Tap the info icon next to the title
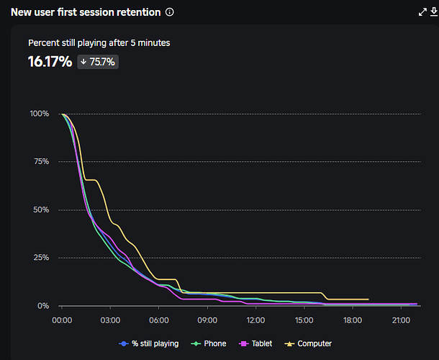coord(170,12)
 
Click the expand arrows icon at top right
coord(422,12)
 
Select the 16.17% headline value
coord(50,62)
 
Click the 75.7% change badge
coord(97,62)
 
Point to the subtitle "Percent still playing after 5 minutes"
coord(99,43)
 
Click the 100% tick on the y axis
coord(39,114)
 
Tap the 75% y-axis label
coord(40,162)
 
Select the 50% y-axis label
coord(40,210)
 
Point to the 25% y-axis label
coord(40,258)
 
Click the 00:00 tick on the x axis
coord(62,320)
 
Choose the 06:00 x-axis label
coord(159,320)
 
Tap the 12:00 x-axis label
coord(255,320)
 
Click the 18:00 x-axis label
coord(353,320)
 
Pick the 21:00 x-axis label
coord(401,320)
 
